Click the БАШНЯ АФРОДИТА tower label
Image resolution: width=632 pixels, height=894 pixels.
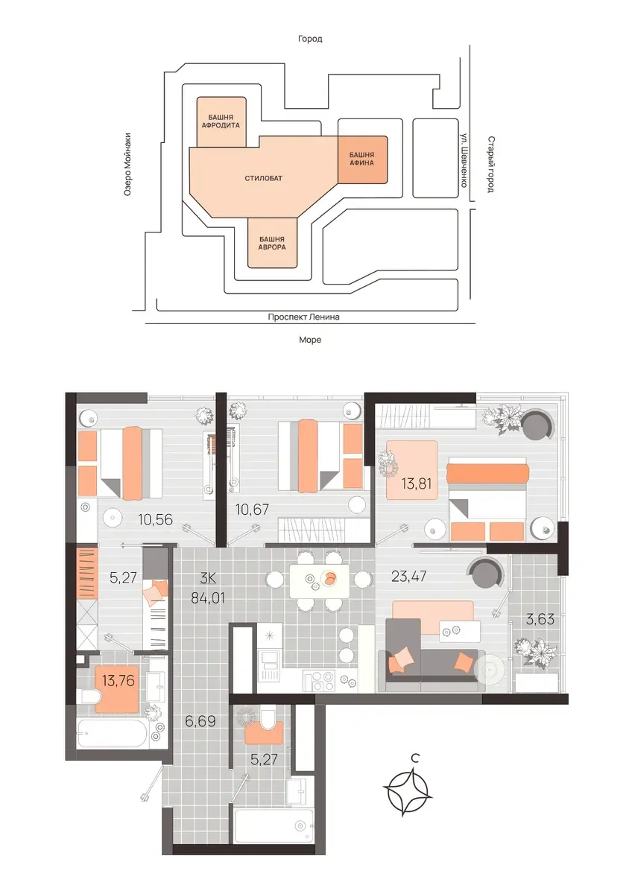point(221,121)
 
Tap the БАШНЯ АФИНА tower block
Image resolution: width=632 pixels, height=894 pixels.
point(362,159)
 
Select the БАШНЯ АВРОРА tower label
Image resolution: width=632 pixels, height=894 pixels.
point(272,243)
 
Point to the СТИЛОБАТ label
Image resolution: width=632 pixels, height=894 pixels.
point(264,178)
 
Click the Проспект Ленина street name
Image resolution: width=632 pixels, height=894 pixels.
point(304,317)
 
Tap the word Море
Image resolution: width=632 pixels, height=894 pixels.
point(310,340)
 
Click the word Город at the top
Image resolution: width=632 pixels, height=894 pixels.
point(310,39)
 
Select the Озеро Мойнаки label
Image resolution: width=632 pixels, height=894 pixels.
point(127,165)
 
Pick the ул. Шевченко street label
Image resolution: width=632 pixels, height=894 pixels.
point(464,160)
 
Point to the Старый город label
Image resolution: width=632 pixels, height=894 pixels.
point(490,165)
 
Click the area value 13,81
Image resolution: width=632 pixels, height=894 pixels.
point(417,484)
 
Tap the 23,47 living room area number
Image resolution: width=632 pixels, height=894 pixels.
point(409,577)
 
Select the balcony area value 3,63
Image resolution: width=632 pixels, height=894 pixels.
point(540,619)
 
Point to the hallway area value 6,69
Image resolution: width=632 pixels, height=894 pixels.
point(200,721)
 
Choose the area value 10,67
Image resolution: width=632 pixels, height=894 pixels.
point(253,510)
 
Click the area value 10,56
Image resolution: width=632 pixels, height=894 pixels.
point(155,520)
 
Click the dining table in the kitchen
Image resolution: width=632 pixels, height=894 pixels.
point(320,580)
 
